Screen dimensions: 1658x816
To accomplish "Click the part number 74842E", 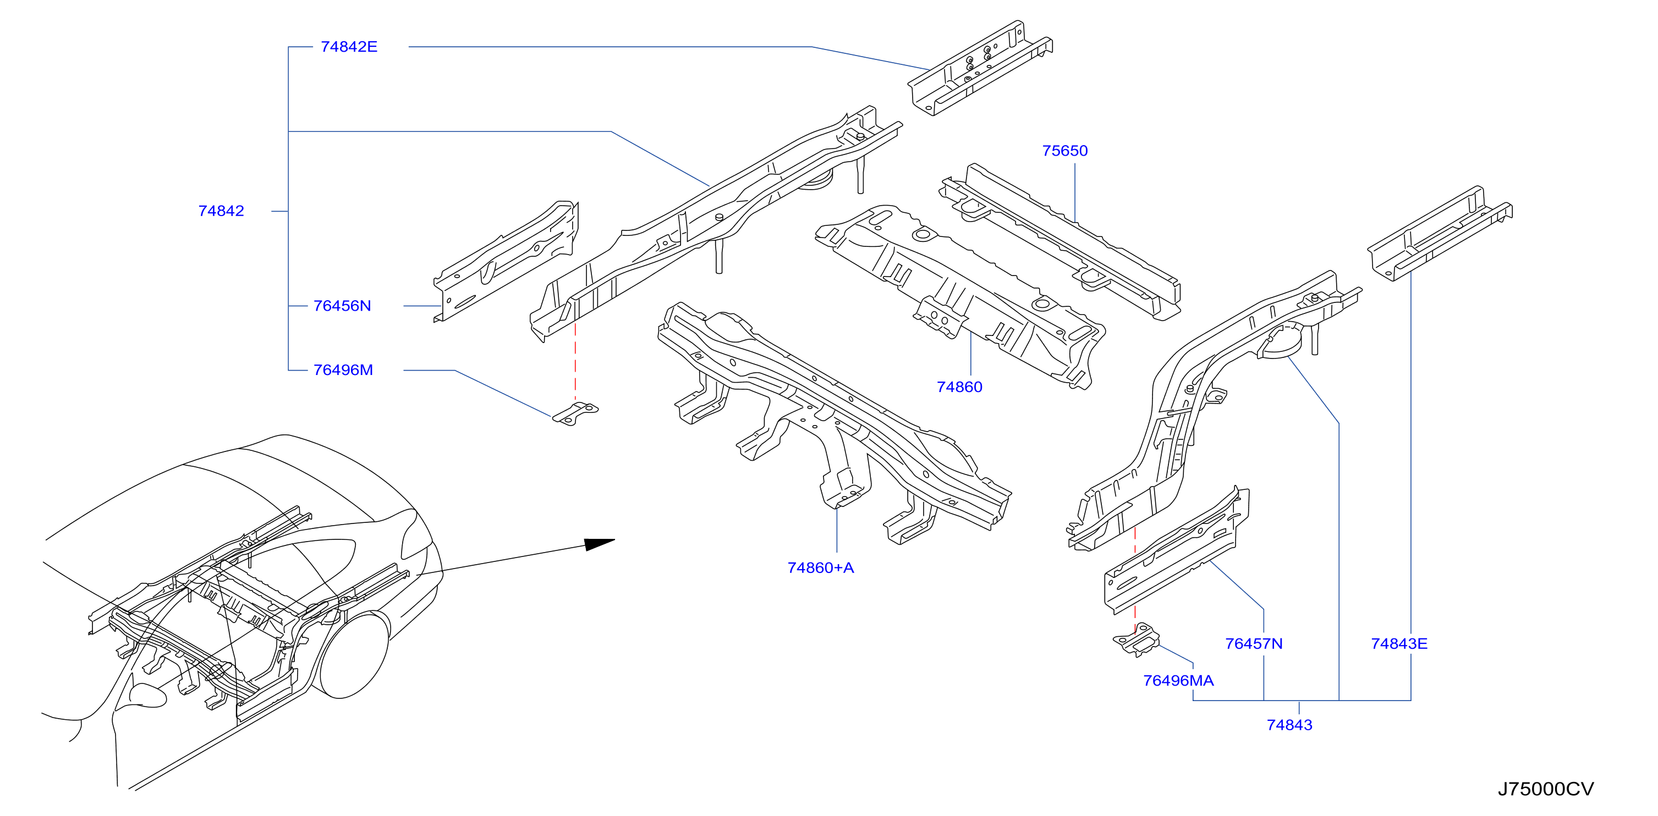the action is (x=349, y=47).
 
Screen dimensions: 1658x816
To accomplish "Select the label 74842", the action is (x=221, y=211).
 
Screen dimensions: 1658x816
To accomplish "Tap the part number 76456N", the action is (x=342, y=306).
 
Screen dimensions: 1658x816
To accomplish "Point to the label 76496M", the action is (x=343, y=370).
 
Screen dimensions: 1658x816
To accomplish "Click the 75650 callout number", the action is (x=1064, y=151).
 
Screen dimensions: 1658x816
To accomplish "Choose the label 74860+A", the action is (x=821, y=567).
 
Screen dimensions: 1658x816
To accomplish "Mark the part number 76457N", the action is (x=1253, y=643).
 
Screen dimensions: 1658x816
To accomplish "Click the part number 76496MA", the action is (x=1178, y=680).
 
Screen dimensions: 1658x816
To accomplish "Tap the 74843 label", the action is (x=1289, y=725).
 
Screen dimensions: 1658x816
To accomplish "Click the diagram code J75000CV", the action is (x=1545, y=789).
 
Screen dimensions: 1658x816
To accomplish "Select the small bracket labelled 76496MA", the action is (x=1137, y=639).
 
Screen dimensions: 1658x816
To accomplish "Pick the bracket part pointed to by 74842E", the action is (x=980, y=68).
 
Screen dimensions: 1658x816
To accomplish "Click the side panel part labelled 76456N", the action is (x=506, y=261).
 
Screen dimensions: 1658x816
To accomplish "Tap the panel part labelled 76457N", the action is (x=1177, y=550).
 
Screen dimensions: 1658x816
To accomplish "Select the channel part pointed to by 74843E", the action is (x=1440, y=234).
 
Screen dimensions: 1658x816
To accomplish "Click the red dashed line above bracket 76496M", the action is (x=575, y=362).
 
